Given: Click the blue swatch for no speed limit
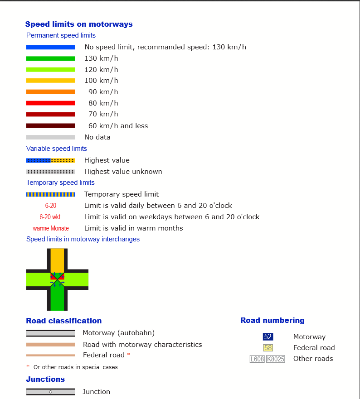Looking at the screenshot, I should [50, 47].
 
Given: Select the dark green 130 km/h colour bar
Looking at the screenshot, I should [50, 58].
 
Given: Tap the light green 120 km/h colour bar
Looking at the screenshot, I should [50, 70].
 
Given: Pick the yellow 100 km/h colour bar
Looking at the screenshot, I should [50, 81].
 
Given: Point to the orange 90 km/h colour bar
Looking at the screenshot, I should [50, 92].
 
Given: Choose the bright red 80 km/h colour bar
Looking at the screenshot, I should [50, 103].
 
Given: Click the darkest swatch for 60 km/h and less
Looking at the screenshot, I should [50, 126].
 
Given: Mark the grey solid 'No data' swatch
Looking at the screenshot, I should [50, 137].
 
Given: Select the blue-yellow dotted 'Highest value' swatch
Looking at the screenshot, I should [50, 160].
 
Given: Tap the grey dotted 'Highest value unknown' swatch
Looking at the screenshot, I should [50, 172].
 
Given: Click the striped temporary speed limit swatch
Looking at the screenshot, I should [50, 194].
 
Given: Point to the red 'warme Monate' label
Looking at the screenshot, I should [51, 228].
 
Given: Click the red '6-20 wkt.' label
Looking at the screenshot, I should [50, 217].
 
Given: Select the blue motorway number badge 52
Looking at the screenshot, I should [268, 337].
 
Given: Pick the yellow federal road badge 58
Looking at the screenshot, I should [268, 348].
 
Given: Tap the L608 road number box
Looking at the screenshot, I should [257, 359].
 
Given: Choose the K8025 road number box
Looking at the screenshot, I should [276, 359].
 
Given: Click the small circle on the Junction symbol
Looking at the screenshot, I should [50, 392].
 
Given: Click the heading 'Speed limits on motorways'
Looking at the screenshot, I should [79, 24].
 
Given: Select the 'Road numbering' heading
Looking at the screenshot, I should [272, 321].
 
